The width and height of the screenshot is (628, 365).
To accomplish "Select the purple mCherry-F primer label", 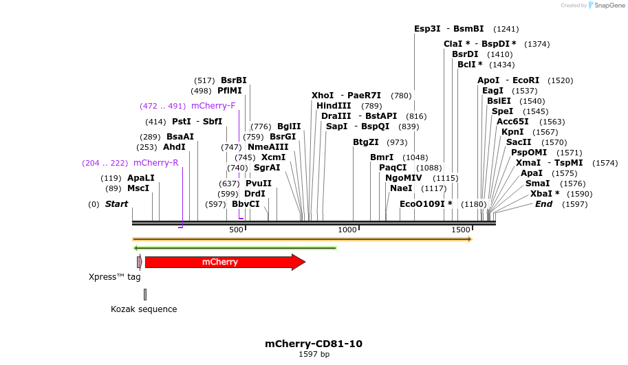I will pos(213,106).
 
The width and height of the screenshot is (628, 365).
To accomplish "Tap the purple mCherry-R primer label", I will pos(155,163).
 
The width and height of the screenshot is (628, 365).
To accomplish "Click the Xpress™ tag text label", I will pos(114,277).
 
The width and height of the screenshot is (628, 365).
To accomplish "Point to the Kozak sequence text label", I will pos(144,309).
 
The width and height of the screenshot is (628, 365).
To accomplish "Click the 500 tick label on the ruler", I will pos(237,230).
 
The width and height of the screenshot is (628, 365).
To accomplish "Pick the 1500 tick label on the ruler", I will pos(460,230).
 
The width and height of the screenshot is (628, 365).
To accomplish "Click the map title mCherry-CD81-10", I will pos(314,344).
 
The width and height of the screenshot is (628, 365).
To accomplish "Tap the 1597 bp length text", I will pos(314,355).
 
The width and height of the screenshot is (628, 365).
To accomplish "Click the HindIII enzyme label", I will pos(334,106).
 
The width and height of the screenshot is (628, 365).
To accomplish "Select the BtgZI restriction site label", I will pos(365,142).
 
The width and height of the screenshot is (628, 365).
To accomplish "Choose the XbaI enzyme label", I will pos(544,194).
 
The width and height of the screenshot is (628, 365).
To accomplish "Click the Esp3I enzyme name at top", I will pos(427,29).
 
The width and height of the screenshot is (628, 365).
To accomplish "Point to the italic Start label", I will pos(116,204).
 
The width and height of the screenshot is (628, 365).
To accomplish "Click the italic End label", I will pos(543,204).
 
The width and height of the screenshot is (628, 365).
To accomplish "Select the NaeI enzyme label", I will pos(401,188).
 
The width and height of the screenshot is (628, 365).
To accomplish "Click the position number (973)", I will pos(397,142).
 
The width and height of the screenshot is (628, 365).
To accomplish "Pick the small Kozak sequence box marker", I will pos(145,294).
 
